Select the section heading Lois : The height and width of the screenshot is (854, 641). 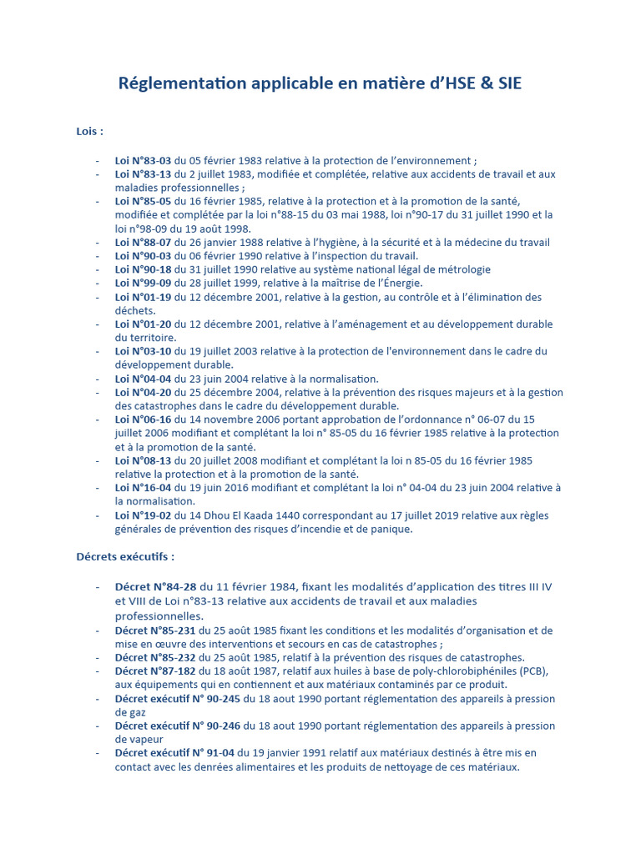[x=90, y=131]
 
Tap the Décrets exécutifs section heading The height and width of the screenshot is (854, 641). [x=125, y=556]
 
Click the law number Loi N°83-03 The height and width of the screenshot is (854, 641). [x=143, y=161]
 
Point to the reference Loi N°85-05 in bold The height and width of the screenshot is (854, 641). [x=143, y=202]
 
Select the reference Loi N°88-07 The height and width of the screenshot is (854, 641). [x=143, y=243]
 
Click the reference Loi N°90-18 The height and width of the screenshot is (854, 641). [x=143, y=270]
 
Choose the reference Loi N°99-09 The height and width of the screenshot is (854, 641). [x=143, y=284]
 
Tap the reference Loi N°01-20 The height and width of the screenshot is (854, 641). [x=143, y=324]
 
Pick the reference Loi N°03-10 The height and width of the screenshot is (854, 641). [x=143, y=352]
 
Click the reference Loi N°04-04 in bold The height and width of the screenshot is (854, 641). [x=143, y=379]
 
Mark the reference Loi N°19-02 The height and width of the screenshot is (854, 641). [x=143, y=515]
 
